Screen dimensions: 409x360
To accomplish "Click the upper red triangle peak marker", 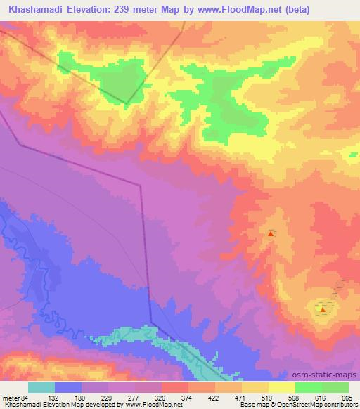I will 271,233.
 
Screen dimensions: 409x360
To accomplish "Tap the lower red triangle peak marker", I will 322,309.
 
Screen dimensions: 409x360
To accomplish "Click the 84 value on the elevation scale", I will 26,398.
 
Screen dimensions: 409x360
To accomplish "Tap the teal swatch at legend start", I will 41,387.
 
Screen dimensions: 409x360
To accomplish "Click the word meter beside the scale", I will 10,398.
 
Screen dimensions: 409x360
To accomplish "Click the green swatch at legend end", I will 335,387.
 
